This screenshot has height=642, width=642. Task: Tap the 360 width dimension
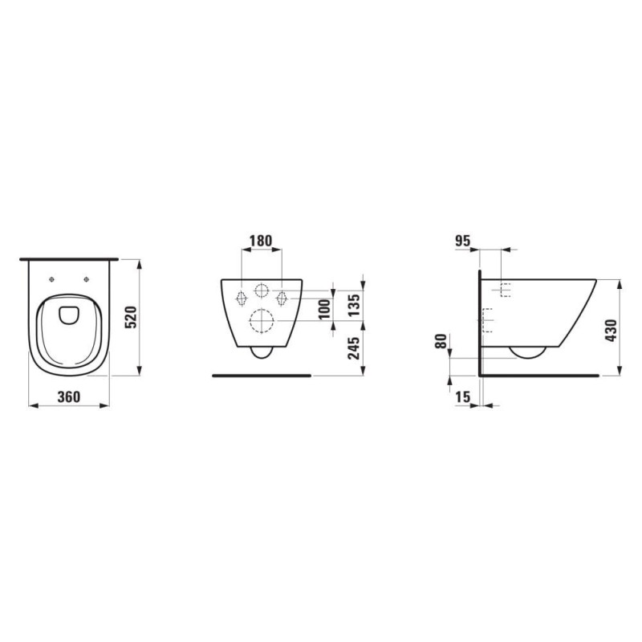(69, 396)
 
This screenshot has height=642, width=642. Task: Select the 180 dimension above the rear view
(261, 241)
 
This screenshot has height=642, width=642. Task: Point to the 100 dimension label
(324, 310)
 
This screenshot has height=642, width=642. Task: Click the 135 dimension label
(353, 305)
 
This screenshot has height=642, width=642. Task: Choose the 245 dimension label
(353, 347)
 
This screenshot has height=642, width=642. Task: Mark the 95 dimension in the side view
(463, 242)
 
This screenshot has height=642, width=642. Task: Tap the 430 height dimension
(611, 331)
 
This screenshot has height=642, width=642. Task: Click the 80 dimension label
(441, 341)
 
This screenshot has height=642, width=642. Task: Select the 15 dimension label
(463, 396)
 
